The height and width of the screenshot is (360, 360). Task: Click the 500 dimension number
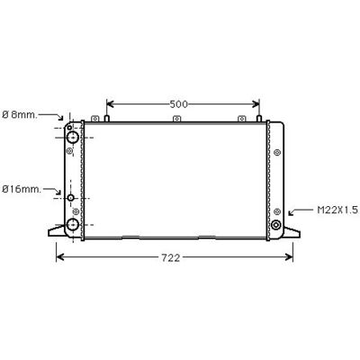(x=178, y=104)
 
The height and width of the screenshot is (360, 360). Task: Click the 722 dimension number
(x=171, y=257)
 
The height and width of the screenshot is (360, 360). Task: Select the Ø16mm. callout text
(x=22, y=189)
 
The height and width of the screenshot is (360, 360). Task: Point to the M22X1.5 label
(x=337, y=210)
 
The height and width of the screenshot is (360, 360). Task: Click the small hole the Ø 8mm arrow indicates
(x=70, y=128)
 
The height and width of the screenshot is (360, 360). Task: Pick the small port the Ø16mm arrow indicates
(x=71, y=198)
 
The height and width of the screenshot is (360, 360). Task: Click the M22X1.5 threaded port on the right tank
(x=275, y=225)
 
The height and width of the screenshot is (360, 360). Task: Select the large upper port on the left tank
(x=72, y=138)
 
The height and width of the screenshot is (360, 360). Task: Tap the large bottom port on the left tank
(x=72, y=225)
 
